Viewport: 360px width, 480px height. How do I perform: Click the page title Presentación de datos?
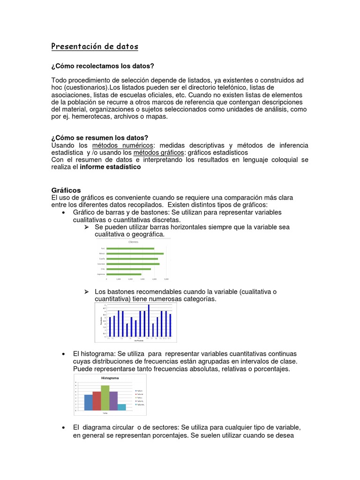tap(95, 47)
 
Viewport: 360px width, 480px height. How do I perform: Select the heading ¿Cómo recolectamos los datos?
tap(103, 65)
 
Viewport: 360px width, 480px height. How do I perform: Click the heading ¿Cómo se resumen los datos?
tap(99, 137)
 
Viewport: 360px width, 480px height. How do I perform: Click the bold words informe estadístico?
tap(111, 167)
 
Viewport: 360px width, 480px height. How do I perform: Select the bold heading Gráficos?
tap(66, 190)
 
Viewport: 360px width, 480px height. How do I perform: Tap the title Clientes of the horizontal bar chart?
tap(134, 242)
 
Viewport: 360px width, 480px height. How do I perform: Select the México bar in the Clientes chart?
tap(135, 254)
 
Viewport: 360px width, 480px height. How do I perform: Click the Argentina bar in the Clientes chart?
tap(124, 274)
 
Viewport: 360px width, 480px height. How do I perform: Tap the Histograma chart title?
tap(109, 377)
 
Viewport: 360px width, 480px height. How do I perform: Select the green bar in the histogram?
tap(105, 397)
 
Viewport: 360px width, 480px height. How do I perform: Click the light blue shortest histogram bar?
tap(121, 407)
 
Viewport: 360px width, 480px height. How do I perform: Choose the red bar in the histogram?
tap(97, 401)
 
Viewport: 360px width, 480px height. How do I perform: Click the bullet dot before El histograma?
tap(63, 354)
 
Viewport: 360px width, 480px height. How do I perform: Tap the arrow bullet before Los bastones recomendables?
tap(86, 292)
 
